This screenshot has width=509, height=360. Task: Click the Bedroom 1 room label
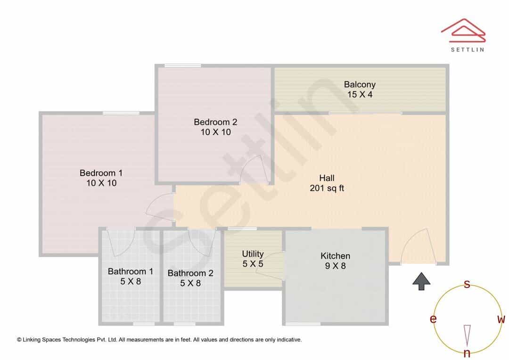click(101, 173)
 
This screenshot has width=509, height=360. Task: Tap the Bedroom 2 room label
click(215, 122)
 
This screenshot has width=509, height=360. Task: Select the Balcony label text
click(360, 85)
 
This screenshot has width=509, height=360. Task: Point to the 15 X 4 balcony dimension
click(360, 94)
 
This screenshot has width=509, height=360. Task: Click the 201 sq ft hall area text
click(327, 188)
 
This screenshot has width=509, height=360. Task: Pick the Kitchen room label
click(336, 256)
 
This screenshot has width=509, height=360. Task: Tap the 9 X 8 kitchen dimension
click(336, 266)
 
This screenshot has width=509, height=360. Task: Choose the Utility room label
click(253, 254)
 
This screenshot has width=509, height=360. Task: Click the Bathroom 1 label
click(131, 271)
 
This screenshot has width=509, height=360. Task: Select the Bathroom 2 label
click(190, 273)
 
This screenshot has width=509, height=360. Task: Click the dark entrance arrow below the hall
click(421, 281)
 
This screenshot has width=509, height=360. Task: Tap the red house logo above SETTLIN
click(463, 31)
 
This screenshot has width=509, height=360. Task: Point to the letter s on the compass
click(467, 284)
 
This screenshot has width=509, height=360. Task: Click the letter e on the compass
click(433, 319)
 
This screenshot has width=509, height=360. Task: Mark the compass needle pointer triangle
click(467, 335)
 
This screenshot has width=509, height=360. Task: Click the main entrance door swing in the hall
click(417, 244)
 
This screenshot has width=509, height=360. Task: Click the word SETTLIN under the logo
click(468, 49)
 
